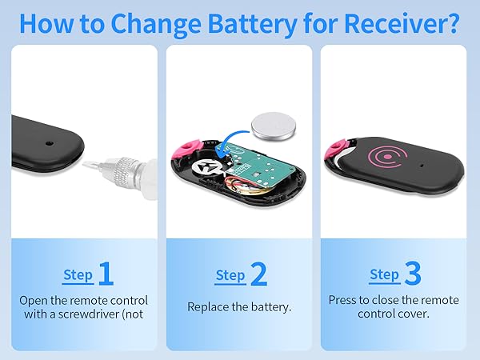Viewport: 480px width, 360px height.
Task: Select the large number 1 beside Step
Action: [106, 274]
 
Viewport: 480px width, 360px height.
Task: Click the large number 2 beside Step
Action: [258, 274]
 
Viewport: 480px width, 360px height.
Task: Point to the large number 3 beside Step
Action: [412, 274]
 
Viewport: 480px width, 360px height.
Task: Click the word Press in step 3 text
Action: [345, 300]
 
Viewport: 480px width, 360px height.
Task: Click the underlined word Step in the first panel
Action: [78, 275]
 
